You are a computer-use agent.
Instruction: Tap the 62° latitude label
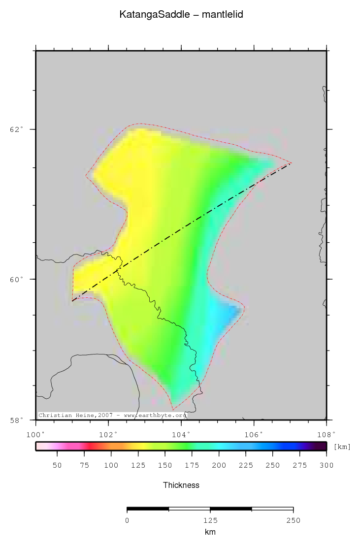[16, 129]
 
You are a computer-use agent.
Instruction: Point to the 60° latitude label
[16, 279]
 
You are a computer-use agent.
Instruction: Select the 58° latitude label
[16, 420]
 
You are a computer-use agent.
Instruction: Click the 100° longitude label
[35, 434]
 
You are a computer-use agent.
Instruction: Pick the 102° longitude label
[108, 434]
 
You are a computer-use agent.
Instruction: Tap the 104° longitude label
[181, 434]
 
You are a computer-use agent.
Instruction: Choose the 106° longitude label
[254, 434]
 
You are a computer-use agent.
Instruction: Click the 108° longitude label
[327, 434]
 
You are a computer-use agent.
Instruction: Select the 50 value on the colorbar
[57, 465]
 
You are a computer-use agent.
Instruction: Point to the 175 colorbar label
[192, 465]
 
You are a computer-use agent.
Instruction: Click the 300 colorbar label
[327, 465]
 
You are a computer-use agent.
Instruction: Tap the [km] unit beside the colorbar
[342, 447]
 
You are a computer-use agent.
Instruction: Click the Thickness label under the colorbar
[181, 485]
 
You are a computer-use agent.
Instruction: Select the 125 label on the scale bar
[210, 520]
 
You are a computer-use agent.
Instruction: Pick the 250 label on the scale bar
[294, 520]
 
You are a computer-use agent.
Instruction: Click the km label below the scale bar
[210, 532]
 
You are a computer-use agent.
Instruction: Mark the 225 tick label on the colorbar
[246, 465]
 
